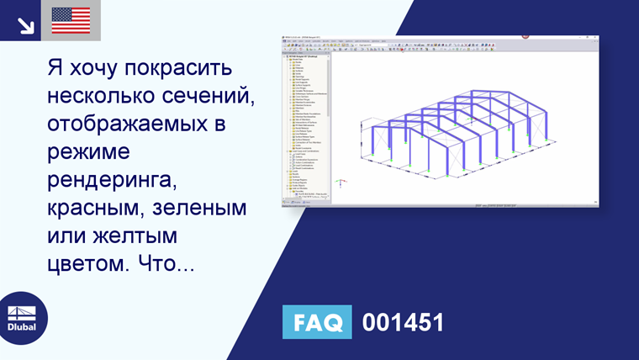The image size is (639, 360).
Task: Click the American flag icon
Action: point(71,20)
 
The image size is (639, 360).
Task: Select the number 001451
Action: point(402,322)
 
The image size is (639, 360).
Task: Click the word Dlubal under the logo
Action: point(22,327)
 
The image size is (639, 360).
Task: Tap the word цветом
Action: point(84,263)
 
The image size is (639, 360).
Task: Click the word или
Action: point(65,236)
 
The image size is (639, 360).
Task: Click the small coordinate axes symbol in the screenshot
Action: point(341,183)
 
